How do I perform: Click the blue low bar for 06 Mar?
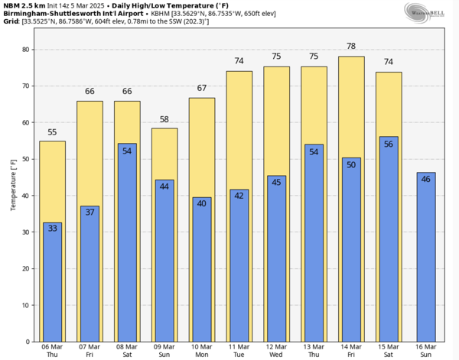tap(52, 283)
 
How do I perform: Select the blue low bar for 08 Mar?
tap(127, 245)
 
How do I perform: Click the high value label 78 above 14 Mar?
tap(351, 47)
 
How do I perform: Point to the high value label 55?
tap(52, 132)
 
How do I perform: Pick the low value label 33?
tap(52, 228)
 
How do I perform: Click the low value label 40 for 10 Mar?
tap(201, 203)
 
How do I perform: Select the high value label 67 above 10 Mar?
tap(201, 88)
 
